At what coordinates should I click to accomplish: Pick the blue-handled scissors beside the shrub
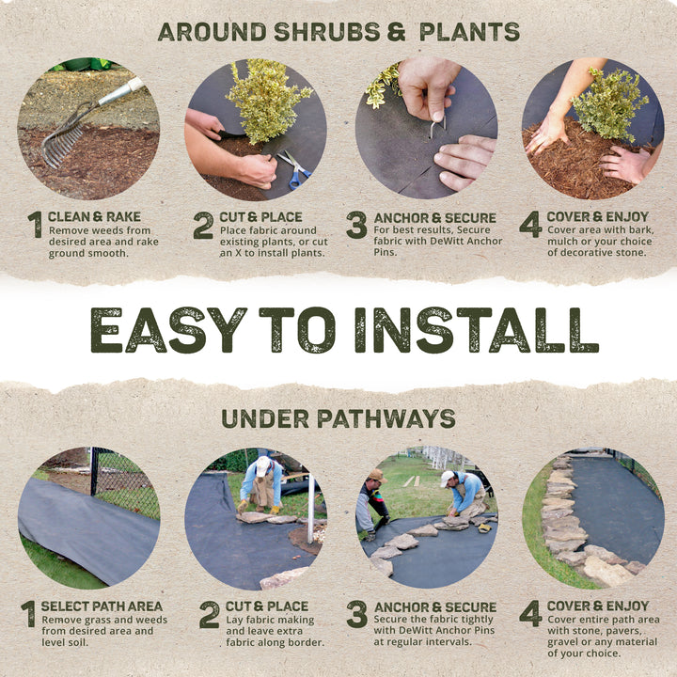(x=293, y=169)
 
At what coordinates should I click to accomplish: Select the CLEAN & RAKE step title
(x=94, y=217)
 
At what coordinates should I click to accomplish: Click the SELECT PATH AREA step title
(x=102, y=606)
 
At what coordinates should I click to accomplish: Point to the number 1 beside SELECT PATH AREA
(x=29, y=614)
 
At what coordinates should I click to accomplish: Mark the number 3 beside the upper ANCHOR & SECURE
(x=356, y=225)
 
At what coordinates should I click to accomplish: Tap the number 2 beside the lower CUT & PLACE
(x=209, y=614)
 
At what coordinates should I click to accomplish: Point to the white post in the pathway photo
(x=309, y=512)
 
